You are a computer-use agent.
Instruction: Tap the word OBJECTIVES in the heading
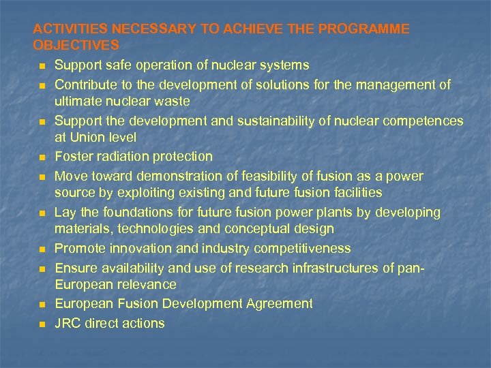[x=76, y=46]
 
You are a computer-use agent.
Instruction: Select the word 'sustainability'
[x=275, y=121]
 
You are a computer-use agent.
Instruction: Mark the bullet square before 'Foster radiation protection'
[x=42, y=157]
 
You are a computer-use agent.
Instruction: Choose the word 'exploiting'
[x=143, y=193]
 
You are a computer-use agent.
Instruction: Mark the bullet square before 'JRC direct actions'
[x=42, y=324]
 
